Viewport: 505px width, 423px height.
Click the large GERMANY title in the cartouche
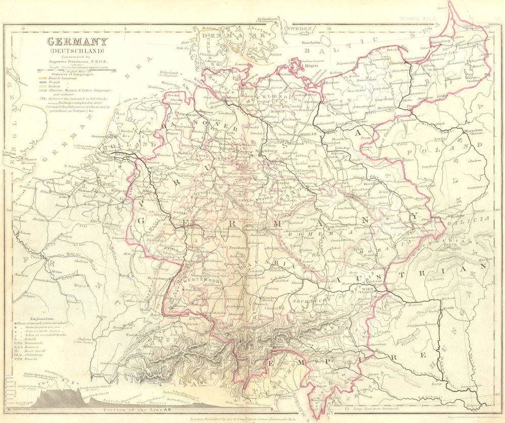tap(77, 42)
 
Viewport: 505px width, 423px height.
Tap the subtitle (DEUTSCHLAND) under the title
tap(77, 51)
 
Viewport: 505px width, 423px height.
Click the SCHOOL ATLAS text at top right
tap(418, 19)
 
